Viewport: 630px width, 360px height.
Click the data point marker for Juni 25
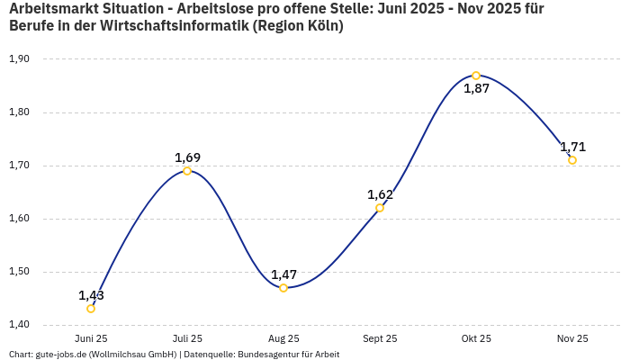(91, 309)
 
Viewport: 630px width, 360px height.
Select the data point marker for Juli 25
(187, 171)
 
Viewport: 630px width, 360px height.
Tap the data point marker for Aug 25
(283, 288)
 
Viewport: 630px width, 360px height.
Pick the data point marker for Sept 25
(380, 208)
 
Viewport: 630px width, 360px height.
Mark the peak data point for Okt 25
(476, 76)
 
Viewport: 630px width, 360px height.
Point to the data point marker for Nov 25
(572, 160)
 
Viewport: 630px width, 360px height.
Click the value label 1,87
(476, 88)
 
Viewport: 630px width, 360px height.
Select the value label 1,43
(91, 295)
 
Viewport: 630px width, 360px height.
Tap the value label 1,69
(187, 157)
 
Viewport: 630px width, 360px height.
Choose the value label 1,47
(283, 274)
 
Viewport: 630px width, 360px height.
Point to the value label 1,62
(380, 194)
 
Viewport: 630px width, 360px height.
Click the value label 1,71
(572, 147)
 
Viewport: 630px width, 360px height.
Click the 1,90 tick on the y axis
(19, 59)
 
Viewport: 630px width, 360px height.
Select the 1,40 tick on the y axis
(19, 325)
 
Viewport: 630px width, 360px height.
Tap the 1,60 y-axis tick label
(19, 219)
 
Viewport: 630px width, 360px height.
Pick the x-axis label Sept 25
(380, 338)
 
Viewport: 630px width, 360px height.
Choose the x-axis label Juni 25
(91, 338)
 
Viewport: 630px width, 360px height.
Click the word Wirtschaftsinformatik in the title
(171, 26)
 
